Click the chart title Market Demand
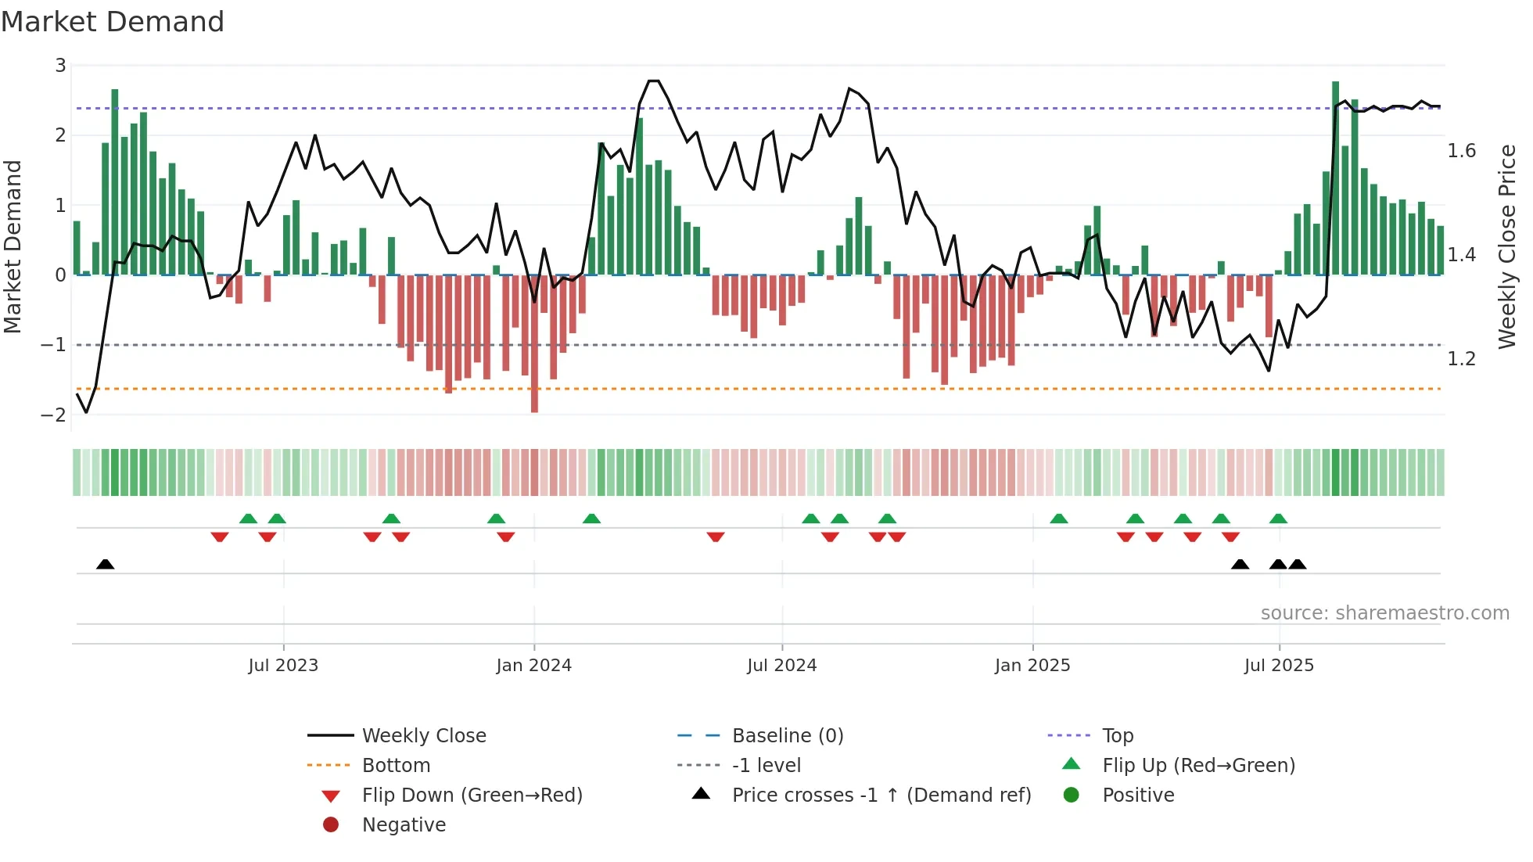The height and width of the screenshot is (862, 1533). pyautogui.click(x=113, y=22)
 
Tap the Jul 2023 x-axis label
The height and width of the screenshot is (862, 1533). pyautogui.click(x=283, y=666)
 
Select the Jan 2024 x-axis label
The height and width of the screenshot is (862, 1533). pyautogui.click(x=533, y=666)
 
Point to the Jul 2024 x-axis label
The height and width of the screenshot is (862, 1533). pyautogui.click(x=781, y=666)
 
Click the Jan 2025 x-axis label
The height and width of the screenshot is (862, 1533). pyautogui.click(x=1032, y=666)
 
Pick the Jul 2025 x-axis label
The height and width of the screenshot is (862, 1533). pyautogui.click(x=1279, y=666)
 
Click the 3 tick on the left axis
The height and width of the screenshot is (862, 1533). pyautogui.click(x=60, y=66)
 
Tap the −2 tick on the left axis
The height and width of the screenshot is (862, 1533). pyautogui.click(x=53, y=415)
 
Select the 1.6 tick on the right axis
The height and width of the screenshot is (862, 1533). pyautogui.click(x=1461, y=151)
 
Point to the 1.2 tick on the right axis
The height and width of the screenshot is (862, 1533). pyautogui.click(x=1461, y=359)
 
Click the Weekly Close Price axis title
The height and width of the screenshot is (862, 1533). pyautogui.click(x=1506, y=246)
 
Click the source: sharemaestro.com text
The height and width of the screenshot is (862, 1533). pyautogui.click(x=1384, y=613)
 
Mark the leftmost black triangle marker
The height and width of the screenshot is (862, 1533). pyautogui.click(x=106, y=564)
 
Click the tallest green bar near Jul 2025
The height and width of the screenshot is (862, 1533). pyautogui.click(x=1335, y=178)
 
